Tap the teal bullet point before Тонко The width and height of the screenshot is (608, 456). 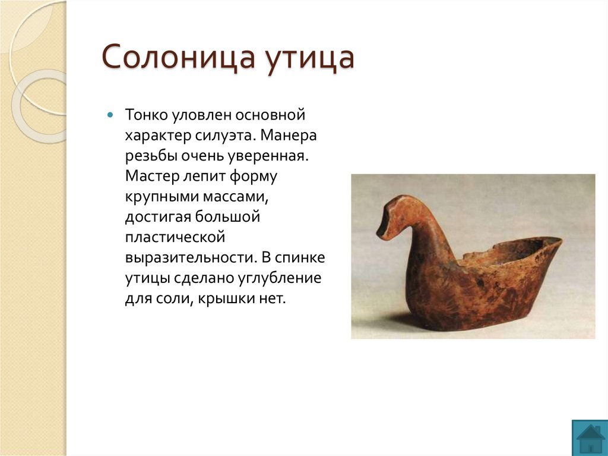coord(110,115)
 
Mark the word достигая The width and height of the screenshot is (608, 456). coord(158,217)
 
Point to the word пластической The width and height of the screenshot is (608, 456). coord(175,237)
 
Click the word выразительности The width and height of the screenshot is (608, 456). coord(191,258)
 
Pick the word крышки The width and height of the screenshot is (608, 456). coord(226,299)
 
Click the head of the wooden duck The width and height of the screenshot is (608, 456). coord(393,218)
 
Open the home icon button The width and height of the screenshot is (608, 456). coord(590,438)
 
